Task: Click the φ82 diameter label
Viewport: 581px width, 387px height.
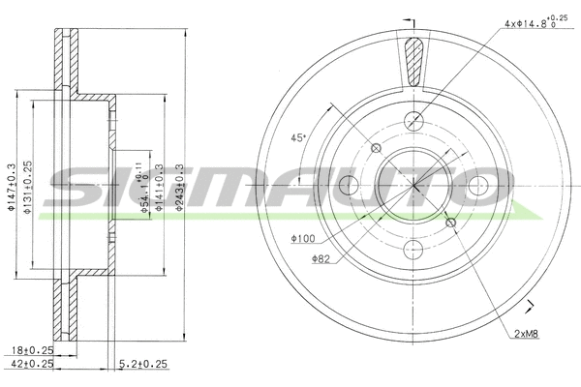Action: (321, 258)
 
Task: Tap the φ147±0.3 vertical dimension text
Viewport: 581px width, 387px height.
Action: (12, 187)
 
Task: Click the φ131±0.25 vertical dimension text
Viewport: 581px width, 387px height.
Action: (30, 187)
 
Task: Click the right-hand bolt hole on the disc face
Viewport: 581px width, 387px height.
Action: (478, 187)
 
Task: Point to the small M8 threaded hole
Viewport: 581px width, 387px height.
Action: (450, 223)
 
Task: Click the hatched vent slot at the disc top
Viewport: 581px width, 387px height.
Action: (414, 63)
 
